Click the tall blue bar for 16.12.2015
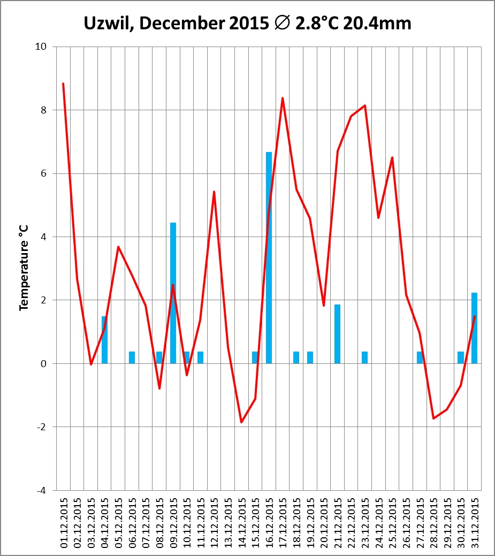point(269,257)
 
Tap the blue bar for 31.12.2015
point(474,327)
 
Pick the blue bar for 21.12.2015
point(337,334)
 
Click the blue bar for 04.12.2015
point(104,340)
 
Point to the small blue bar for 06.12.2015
point(132,357)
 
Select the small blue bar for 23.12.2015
point(364,357)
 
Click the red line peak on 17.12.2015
point(283,98)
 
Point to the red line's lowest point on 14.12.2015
point(241,422)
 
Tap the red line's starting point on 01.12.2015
point(63,83)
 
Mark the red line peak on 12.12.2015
point(214,192)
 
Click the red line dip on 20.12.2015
point(324,305)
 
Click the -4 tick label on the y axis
point(40,490)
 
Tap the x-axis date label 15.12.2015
point(255,521)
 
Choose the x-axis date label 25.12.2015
point(392,521)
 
